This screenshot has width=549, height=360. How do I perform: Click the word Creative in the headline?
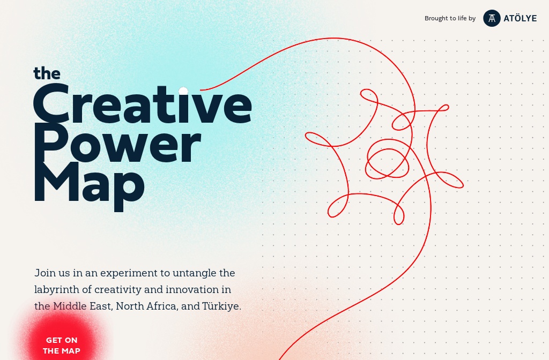click(x=143, y=104)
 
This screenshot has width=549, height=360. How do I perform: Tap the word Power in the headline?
click(x=117, y=144)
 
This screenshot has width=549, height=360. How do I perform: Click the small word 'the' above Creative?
click(x=47, y=73)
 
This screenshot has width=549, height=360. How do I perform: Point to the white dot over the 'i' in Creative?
click(x=183, y=91)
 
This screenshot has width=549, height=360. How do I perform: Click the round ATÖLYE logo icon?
click(x=492, y=18)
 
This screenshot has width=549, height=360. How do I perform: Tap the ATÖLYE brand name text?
click(x=520, y=18)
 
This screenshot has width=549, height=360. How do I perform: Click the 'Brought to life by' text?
click(x=450, y=18)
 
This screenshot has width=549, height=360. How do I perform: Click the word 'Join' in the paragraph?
click(x=43, y=273)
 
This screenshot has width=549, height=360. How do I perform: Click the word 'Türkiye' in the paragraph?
click(x=221, y=306)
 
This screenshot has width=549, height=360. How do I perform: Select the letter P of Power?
click(x=51, y=142)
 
